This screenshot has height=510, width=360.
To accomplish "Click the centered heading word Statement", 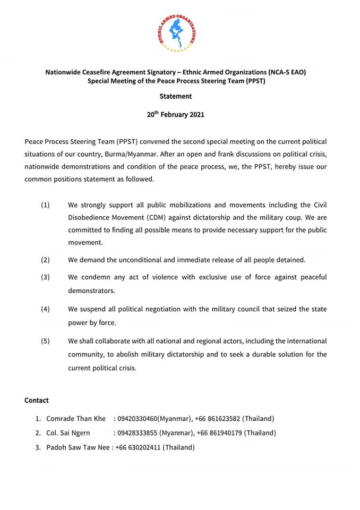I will point(176,97).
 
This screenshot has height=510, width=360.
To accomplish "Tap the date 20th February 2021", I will point(176,114).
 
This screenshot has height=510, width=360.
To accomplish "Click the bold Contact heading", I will point(37,401).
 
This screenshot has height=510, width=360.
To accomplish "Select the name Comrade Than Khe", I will point(76,419).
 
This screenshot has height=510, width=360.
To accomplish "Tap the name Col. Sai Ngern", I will point(68,433).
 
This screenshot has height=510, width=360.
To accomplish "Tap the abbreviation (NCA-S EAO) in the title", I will point(279,72).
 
